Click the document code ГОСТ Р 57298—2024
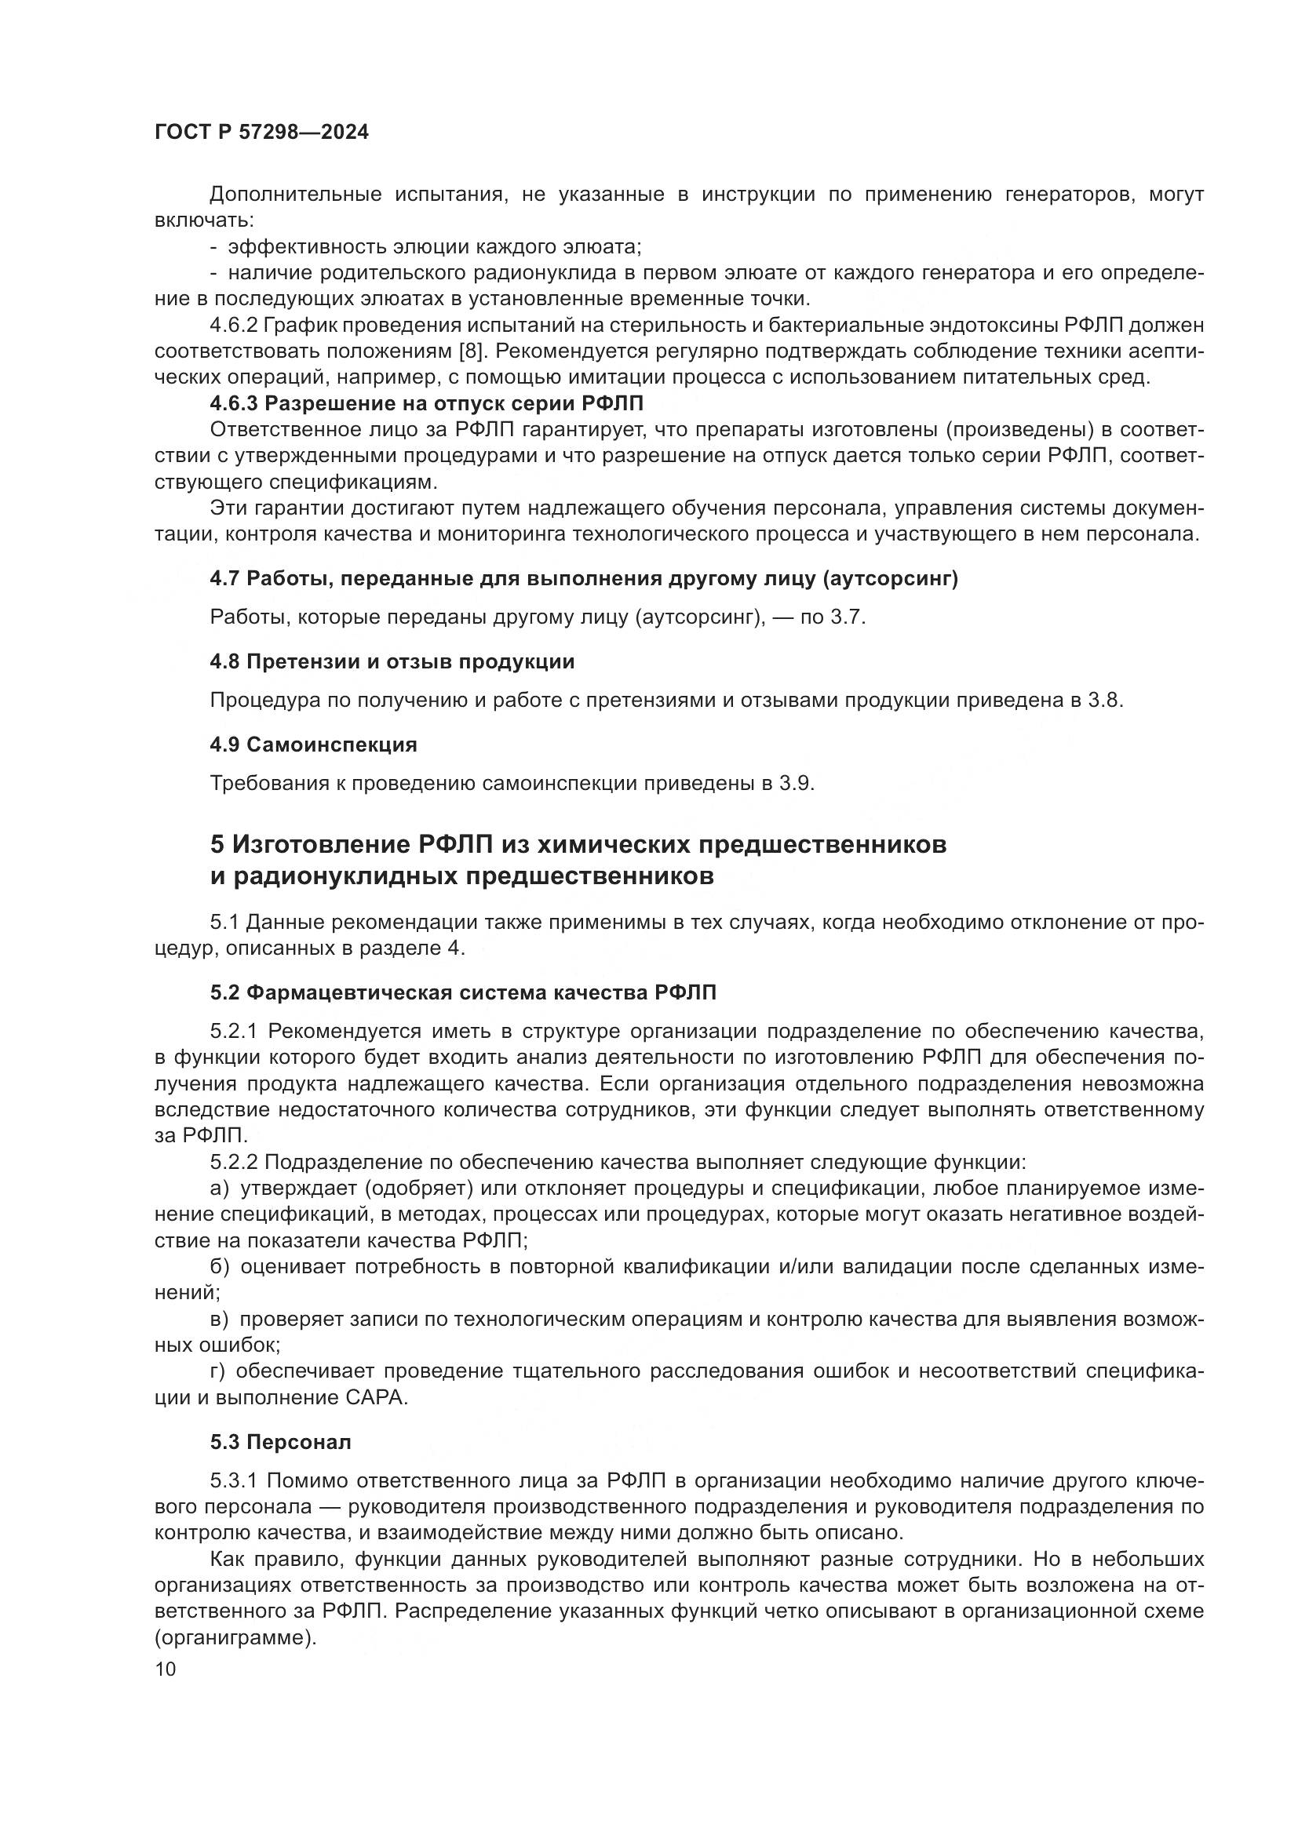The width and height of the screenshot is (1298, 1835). pos(261,133)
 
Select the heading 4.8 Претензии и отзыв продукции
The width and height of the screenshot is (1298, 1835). pos(392,662)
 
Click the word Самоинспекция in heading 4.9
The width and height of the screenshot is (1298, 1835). pos(332,745)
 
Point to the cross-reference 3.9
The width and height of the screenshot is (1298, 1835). pos(796,783)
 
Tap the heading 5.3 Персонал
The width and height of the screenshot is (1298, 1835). pos(280,1443)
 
